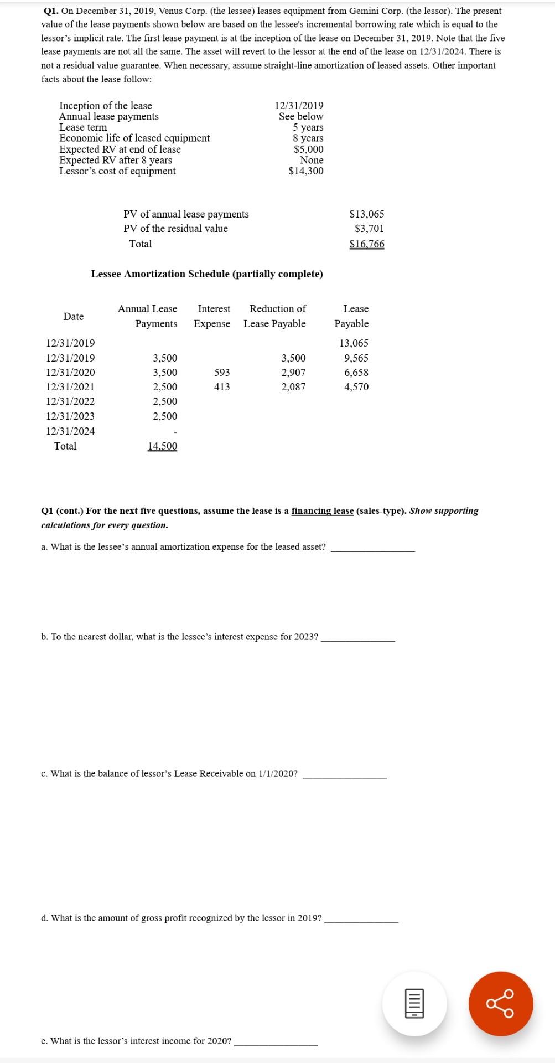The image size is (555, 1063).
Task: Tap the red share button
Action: click(500, 1003)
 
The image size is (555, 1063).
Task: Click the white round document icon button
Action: click(414, 1003)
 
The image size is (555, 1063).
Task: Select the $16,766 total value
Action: click(366, 244)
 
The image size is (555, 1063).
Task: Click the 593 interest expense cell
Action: click(222, 373)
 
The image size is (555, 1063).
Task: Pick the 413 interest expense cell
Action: click(222, 387)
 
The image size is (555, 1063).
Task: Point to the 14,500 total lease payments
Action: click(162, 446)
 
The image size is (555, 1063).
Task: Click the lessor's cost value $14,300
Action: click(306, 171)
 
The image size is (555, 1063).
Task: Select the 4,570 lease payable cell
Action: click(356, 387)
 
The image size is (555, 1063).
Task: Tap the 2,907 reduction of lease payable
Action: click(293, 373)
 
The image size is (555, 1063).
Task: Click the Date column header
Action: click(73, 316)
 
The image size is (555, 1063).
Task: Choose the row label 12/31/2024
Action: click(70, 431)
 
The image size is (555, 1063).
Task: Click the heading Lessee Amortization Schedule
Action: click(207, 274)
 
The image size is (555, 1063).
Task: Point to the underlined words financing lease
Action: click(323, 511)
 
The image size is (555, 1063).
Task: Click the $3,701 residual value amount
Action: click(369, 229)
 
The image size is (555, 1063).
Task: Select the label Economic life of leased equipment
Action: click(134, 138)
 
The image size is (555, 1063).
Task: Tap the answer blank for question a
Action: click(372, 547)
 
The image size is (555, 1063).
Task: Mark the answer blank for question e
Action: click(276, 1041)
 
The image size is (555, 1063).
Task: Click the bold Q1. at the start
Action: click(51, 11)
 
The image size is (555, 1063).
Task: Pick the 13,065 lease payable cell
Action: click(354, 343)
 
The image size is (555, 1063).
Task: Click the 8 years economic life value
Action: click(308, 138)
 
